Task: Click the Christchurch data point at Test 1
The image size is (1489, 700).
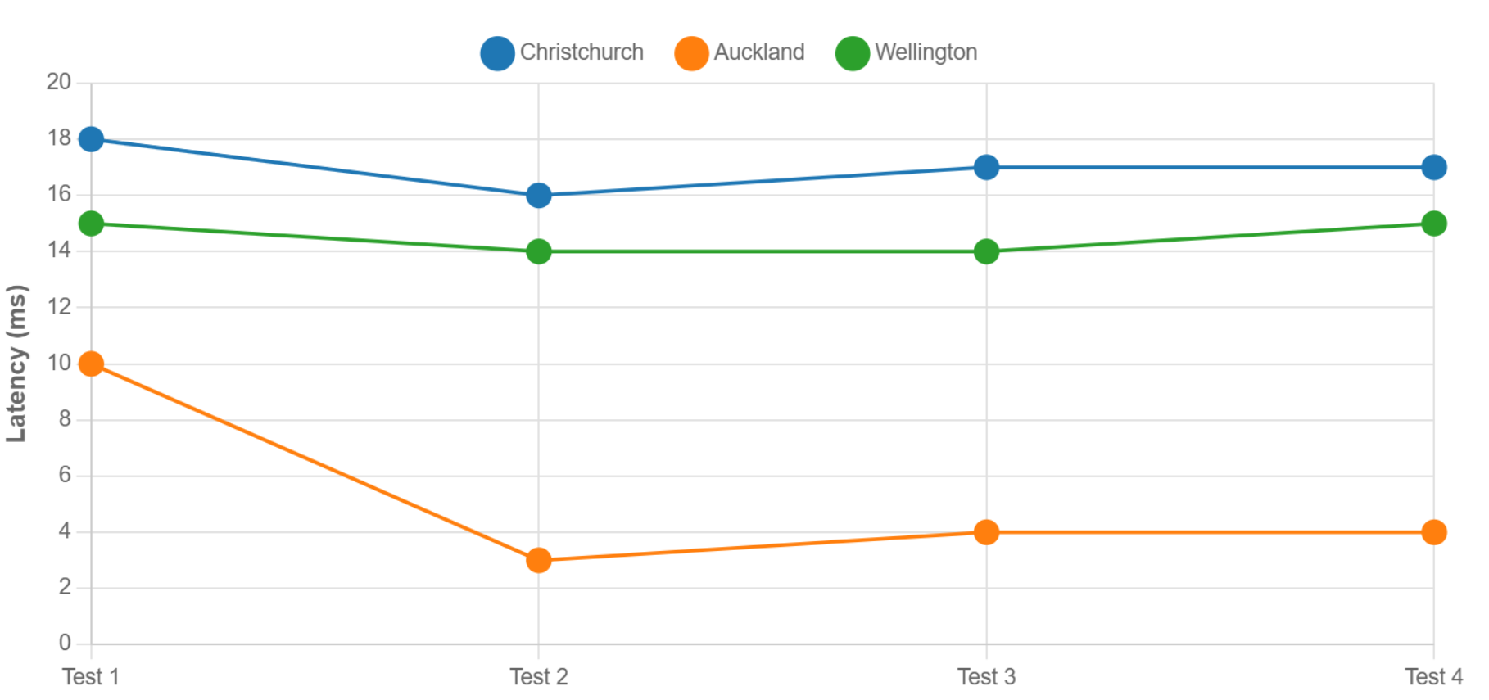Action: (x=91, y=139)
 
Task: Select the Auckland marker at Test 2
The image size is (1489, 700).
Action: (x=539, y=560)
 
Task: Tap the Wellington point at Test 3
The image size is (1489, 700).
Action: (x=986, y=251)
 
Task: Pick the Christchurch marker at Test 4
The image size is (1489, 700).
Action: (x=1433, y=167)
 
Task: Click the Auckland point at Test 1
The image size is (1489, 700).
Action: (x=91, y=364)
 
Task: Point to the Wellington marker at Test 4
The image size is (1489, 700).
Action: (x=1433, y=224)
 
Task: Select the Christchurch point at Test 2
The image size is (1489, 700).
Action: (x=539, y=196)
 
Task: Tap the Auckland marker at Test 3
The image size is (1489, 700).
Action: (x=986, y=532)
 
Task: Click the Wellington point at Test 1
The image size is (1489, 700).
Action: (x=91, y=224)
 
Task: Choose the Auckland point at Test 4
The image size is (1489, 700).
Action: (x=1433, y=532)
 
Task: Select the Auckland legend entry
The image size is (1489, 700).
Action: (x=740, y=53)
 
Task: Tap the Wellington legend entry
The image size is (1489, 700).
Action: (x=907, y=53)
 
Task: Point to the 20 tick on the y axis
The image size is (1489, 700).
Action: (x=59, y=82)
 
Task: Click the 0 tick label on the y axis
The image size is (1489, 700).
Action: (x=65, y=643)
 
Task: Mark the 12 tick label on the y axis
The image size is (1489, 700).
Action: (x=59, y=307)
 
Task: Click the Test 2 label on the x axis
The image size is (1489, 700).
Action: (x=539, y=677)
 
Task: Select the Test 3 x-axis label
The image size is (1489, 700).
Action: (x=986, y=677)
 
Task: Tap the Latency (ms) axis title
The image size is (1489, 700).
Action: (x=16, y=364)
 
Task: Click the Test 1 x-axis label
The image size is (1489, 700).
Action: (x=91, y=677)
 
